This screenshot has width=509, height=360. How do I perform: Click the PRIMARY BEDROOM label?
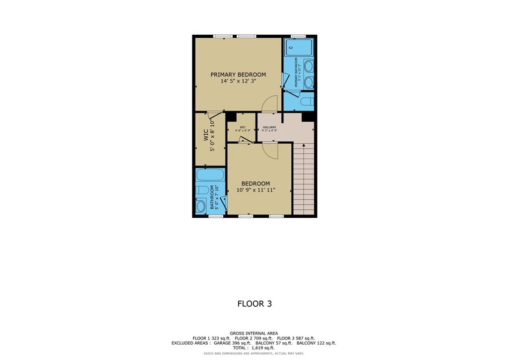click(x=238, y=75)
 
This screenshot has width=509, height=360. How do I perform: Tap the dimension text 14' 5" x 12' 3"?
click(x=238, y=81)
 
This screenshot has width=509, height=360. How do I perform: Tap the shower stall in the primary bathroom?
click(x=298, y=48)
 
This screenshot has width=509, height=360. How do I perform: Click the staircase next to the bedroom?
click(x=304, y=179)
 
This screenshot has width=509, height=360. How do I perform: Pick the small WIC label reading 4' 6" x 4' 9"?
click(x=243, y=129)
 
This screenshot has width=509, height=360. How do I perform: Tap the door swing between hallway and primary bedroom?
click(x=268, y=104)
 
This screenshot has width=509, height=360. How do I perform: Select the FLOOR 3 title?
click(x=254, y=304)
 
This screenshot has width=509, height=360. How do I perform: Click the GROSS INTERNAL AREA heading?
click(x=254, y=333)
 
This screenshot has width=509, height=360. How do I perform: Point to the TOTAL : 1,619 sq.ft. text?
click(x=254, y=348)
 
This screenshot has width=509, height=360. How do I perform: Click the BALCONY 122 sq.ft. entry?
click(x=316, y=343)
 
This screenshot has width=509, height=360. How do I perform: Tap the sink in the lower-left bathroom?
click(x=201, y=206)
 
